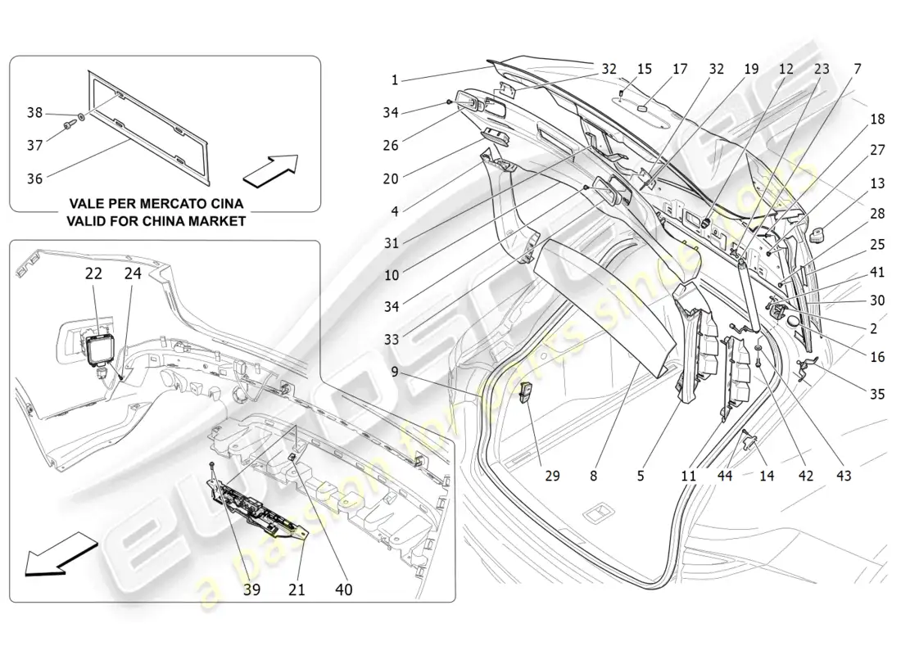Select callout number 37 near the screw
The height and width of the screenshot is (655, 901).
(x=34, y=145)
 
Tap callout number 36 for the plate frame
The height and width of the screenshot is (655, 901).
(x=34, y=176)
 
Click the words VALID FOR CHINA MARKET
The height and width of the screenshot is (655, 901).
(x=157, y=221)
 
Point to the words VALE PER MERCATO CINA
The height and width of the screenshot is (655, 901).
(x=157, y=203)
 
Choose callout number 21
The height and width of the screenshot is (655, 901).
(x=297, y=589)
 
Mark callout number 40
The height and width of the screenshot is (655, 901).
(x=344, y=589)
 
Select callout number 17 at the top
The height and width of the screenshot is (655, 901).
(x=680, y=70)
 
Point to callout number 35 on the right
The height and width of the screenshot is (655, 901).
(x=877, y=394)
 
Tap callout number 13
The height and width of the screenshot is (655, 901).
(x=877, y=183)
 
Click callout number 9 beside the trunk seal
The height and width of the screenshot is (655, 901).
(x=394, y=371)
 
